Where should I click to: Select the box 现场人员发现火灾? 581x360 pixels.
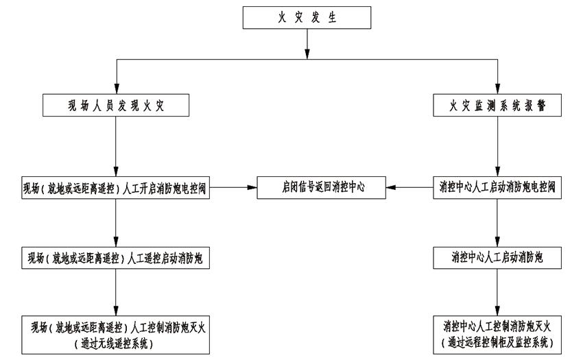(x=115, y=105)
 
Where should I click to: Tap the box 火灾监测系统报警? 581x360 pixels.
(x=497, y=105)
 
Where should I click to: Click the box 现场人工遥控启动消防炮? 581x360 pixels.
(x=115, y=258)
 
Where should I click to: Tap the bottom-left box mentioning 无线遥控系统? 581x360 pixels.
(x=115, y=334)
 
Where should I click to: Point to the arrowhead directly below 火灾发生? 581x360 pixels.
(x=307, y=52)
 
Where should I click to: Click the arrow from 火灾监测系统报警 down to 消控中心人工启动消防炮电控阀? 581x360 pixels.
(x=497, y=146)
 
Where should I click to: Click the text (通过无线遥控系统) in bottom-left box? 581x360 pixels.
(x=115, y=343)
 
